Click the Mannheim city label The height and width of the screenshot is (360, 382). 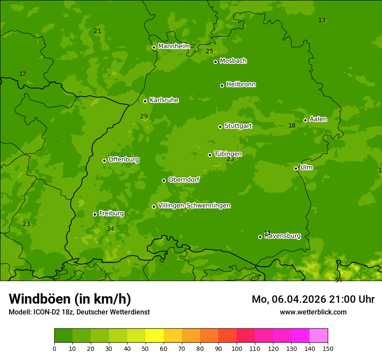174,46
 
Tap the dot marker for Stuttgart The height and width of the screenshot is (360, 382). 220,127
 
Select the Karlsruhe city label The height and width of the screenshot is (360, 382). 164,100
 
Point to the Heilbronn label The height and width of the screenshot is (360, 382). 240,85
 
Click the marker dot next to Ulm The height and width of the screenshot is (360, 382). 296,168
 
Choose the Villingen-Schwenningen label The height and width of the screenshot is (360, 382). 194,206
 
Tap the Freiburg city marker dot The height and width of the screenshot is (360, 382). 95,214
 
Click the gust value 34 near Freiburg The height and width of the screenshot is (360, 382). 110,229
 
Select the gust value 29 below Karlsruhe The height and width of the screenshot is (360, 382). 144,117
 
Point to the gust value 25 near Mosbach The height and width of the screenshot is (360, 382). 209,52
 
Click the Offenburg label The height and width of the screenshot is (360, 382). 124,160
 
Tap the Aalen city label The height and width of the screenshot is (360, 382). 318,119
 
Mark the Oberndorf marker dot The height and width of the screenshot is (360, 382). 164,180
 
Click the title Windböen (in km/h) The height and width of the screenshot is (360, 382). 70,299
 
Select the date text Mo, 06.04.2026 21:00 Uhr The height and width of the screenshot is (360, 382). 313,299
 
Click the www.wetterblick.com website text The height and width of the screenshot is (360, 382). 313,312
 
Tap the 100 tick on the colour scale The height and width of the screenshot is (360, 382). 237,348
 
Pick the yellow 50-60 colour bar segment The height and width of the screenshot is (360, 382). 155,336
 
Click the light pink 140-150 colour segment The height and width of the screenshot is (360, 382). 319,336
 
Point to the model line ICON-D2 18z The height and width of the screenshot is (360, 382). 79,312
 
